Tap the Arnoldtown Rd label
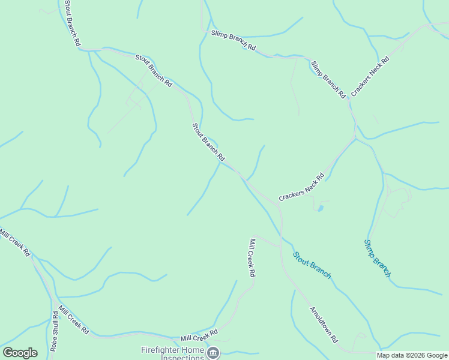point(324,325)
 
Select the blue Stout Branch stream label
point(312,265)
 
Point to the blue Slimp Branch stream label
point(378,258)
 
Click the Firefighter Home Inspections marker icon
point(213,353)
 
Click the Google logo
point(20,353)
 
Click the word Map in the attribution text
point(383,355)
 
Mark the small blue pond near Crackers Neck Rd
point(320,208)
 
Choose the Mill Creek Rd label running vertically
point(253,257)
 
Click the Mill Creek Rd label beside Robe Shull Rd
point(73,320)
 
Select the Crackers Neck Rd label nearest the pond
point(301,187)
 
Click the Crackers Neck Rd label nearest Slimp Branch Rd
point(370,76)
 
